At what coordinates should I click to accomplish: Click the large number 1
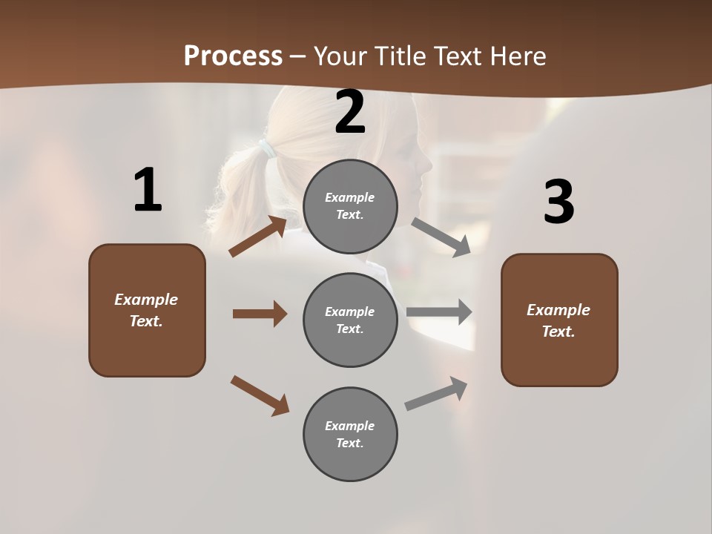[x=148, y=191]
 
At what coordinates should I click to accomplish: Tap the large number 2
[x=350, y=112]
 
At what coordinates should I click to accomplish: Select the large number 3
[x=558, y=202]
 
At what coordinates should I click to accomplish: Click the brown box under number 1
[x=147, y=310]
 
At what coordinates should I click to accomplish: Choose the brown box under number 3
[x=559, y=320]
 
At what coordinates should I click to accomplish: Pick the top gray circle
[x=350, y=206]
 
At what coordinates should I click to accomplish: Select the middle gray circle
[x=350, y=320]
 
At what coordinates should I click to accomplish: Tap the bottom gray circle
[x=350, y=434]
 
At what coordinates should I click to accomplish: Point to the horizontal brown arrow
[x=260, y=314]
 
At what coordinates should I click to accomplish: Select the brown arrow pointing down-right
[x=260, y=395]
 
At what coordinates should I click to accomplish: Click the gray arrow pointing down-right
[x=441, y=237]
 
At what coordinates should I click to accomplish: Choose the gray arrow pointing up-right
[x=436, y=393]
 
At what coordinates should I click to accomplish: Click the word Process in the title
[x=233, y=56]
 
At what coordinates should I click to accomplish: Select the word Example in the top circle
[x=350, y=197]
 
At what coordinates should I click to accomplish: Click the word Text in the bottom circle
[x=349, y=443]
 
